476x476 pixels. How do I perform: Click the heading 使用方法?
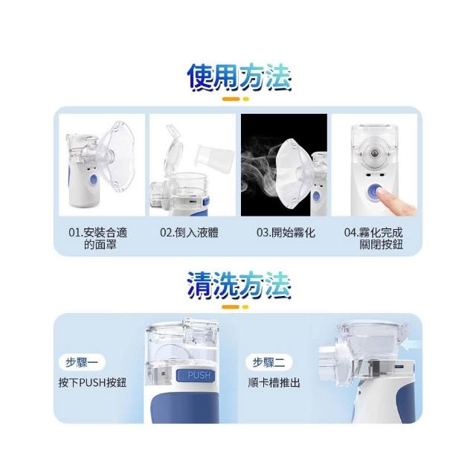(x=239, y=77)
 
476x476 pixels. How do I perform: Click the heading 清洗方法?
(x=239, y=286)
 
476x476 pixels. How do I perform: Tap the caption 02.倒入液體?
(x=190, y=233)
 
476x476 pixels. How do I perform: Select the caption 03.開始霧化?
(x=286, y=233)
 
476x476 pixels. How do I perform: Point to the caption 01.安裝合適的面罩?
(x=98, y=238)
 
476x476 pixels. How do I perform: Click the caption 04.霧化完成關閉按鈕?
(x=373, y=238)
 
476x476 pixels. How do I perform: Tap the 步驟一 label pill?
(x=82, y=362)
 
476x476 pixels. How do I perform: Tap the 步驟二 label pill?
(x=269, y=362)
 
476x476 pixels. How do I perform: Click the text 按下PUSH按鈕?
(x=92, y=382)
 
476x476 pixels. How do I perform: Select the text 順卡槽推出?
(x=274, y=382)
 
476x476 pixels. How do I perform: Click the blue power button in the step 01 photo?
(x=93, y=180)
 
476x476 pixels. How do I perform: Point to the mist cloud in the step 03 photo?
(x=260, y=170)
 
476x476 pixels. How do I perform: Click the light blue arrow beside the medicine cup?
(x=410, y=344)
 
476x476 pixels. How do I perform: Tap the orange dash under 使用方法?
(x=231, y=99)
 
